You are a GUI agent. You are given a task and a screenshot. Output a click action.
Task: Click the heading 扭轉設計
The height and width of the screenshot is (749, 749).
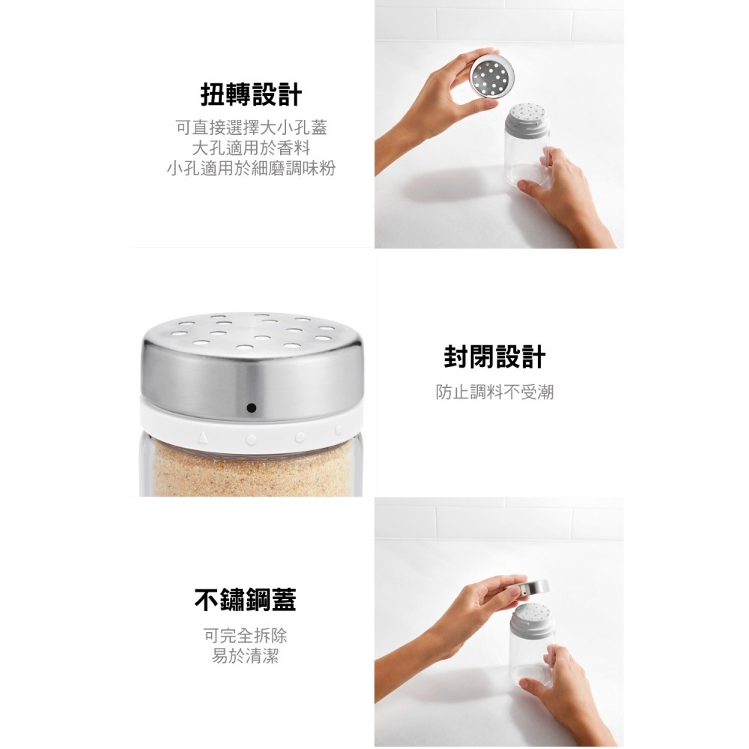click(251, 95)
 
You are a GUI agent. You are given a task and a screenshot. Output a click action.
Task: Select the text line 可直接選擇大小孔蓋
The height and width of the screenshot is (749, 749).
click(251, 128)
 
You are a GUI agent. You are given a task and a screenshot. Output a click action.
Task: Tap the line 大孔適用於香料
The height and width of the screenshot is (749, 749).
click(251, 148)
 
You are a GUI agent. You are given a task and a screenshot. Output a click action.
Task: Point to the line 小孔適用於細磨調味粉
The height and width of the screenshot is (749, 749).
click(251, 168)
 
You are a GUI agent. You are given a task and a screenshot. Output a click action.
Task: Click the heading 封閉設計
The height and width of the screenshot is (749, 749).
click(494, 357)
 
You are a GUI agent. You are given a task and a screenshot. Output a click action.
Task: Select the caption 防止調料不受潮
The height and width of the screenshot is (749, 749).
click(494, 391)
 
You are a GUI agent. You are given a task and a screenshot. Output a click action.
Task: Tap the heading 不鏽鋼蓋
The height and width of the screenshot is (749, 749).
click(245, 600)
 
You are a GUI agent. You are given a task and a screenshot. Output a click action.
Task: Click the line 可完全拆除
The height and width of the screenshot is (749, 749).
click(245, 636)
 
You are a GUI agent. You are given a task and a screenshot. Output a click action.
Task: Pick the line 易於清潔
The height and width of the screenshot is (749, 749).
click(245, 657)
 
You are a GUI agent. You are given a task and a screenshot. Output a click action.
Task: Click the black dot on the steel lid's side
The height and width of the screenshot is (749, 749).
click(250, 408)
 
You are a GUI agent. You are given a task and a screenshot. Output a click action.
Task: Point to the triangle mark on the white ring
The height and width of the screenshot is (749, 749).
click(203, 435)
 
